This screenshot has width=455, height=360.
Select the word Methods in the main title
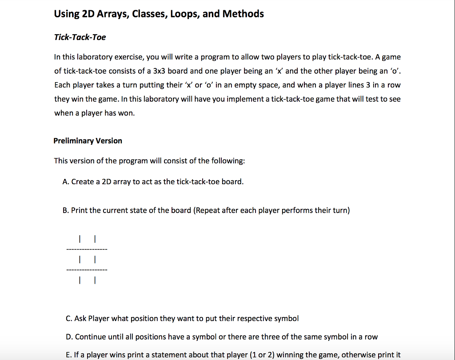coord(243,14)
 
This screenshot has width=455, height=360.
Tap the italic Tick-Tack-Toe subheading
coord(80,37)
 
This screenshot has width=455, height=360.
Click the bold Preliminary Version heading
coord(88,141)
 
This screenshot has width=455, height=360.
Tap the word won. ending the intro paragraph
coord(126,113)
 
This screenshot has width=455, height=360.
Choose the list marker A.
coord(66,182)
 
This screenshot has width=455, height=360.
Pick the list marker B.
coord(66,210)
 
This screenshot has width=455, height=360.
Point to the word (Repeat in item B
coord(207,210)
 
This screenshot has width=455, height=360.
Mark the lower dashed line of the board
coord(87,270)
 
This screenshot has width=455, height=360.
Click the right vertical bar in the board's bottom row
coord(95,280)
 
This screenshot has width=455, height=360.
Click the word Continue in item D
coord(89,337)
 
